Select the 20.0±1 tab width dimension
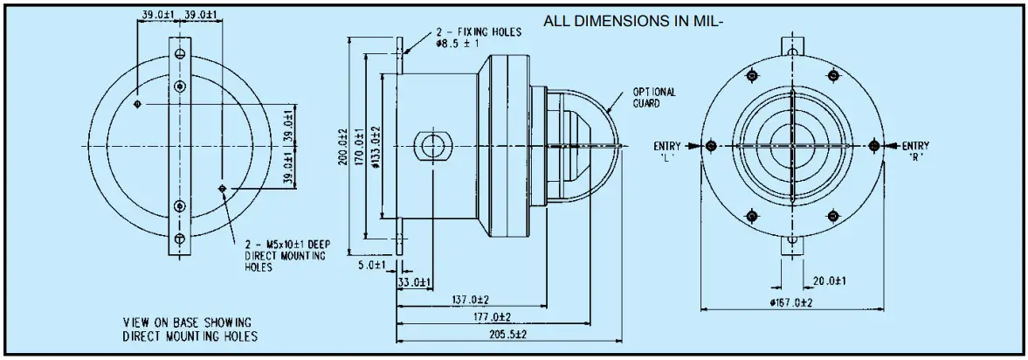[829, 281]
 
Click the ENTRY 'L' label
[667, 150]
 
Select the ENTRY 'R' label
[915, 150]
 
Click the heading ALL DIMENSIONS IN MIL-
[634, 22]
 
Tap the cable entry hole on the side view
[431, 145]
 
